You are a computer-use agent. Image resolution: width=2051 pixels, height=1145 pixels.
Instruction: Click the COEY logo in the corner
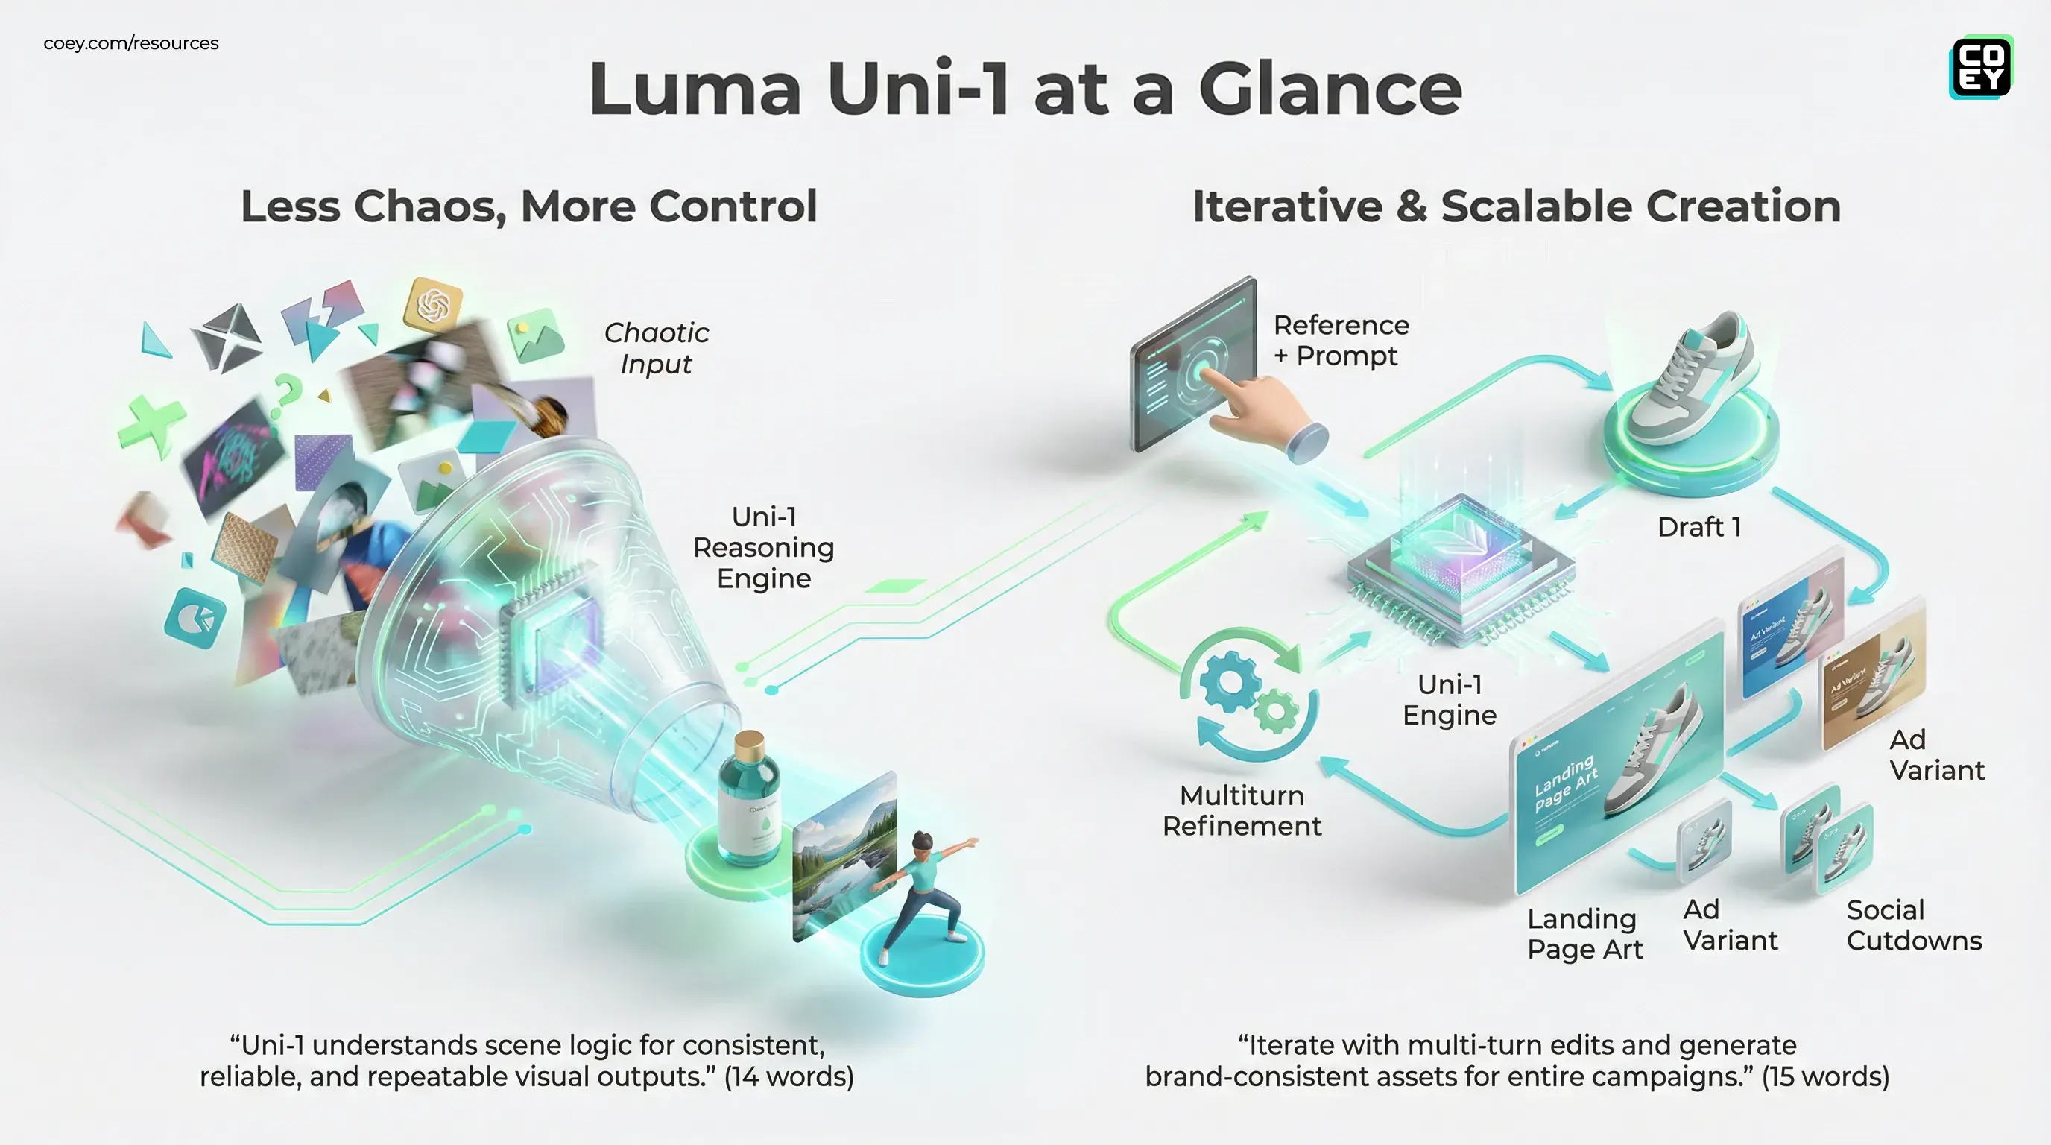(1981, 67)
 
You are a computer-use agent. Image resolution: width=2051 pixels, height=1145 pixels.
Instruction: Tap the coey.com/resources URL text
(130, 43)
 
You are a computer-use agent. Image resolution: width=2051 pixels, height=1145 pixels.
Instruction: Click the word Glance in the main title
(1329, 89)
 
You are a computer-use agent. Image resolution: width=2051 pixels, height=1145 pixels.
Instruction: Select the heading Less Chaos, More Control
(528, 206)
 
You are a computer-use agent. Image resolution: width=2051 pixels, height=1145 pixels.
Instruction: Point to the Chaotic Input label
(656, 348)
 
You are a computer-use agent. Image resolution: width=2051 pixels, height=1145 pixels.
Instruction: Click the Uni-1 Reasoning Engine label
(762, 548)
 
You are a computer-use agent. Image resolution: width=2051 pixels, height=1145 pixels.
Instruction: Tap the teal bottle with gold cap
(748, 800)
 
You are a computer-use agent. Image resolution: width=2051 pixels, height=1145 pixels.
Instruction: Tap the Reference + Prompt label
(1341, 340)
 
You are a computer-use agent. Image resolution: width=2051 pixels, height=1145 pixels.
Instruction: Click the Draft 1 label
(1698, 527)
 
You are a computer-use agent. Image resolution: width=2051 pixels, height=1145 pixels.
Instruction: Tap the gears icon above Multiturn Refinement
(1248, 693)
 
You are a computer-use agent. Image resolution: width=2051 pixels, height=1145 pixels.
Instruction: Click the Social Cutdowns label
(1913, 925)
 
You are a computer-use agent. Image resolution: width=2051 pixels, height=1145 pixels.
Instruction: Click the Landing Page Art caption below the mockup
(1584, 934)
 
